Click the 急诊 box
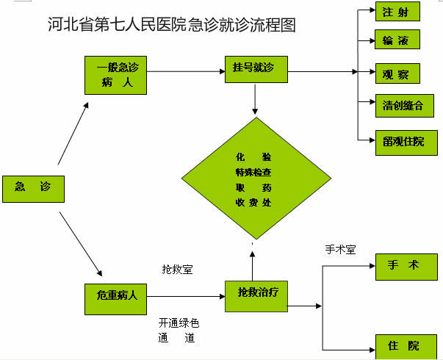32,188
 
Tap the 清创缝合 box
403,106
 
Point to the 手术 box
406,267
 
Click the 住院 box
406,345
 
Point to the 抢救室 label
178,270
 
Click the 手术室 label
340,250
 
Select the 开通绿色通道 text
179,331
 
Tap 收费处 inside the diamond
253,201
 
